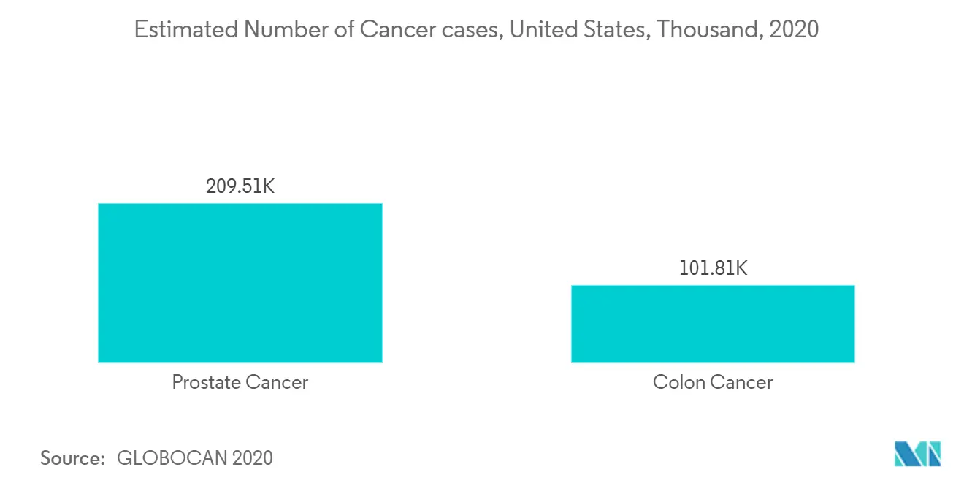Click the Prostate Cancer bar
(240, 283)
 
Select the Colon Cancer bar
(713, 324)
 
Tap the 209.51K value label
(240, 186)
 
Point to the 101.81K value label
(713, 268)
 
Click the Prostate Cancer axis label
(240, 382)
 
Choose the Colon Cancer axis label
(713, 382)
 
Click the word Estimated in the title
(186, 29)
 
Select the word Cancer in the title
(397, 29)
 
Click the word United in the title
(543, 29)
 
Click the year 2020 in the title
(794, 29)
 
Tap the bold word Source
(72, 458)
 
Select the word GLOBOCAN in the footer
(172, 458)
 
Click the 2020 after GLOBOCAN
(252, 458)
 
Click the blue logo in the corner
(917, 454)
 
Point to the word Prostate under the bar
(205, 382)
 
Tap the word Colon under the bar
(678, 382)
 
